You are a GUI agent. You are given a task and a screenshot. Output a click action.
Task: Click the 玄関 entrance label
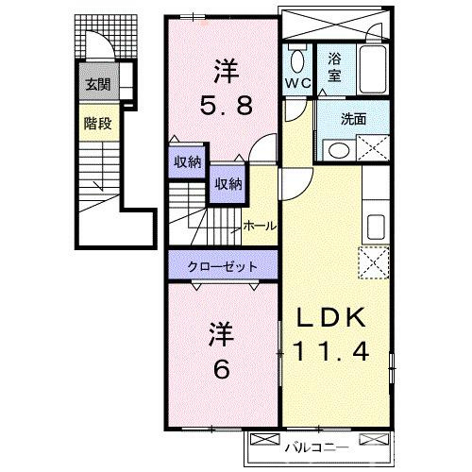(x=96, y=85)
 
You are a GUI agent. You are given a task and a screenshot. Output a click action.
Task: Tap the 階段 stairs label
(x=96, y=123)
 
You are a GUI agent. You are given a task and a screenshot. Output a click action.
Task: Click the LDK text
(x=329, y=318)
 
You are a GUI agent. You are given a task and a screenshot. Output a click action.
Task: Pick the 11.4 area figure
(x=329, y=353)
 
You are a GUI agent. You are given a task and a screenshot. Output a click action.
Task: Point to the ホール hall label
(x=259, y=226)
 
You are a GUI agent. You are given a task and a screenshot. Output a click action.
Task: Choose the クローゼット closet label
(x=223, y=266)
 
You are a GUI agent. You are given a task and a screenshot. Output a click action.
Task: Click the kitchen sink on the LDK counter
(x=375, y=228)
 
